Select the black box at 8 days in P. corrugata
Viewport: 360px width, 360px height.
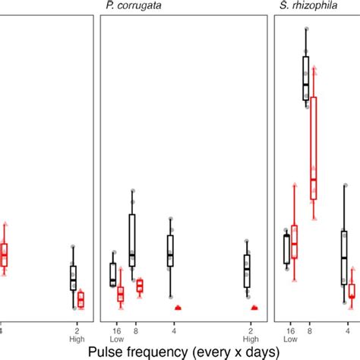(132, 240)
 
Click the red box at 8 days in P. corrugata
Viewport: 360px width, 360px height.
(140, 286)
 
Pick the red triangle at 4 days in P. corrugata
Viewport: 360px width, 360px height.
(178, 308)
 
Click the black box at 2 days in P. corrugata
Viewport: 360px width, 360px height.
(247, 271)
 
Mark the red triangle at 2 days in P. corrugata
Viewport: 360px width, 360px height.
(254, 308)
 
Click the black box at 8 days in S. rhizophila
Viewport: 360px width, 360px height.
(305, 78)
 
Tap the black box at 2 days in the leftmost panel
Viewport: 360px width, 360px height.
(74, 277)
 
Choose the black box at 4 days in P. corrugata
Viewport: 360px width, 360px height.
(170, 250)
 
